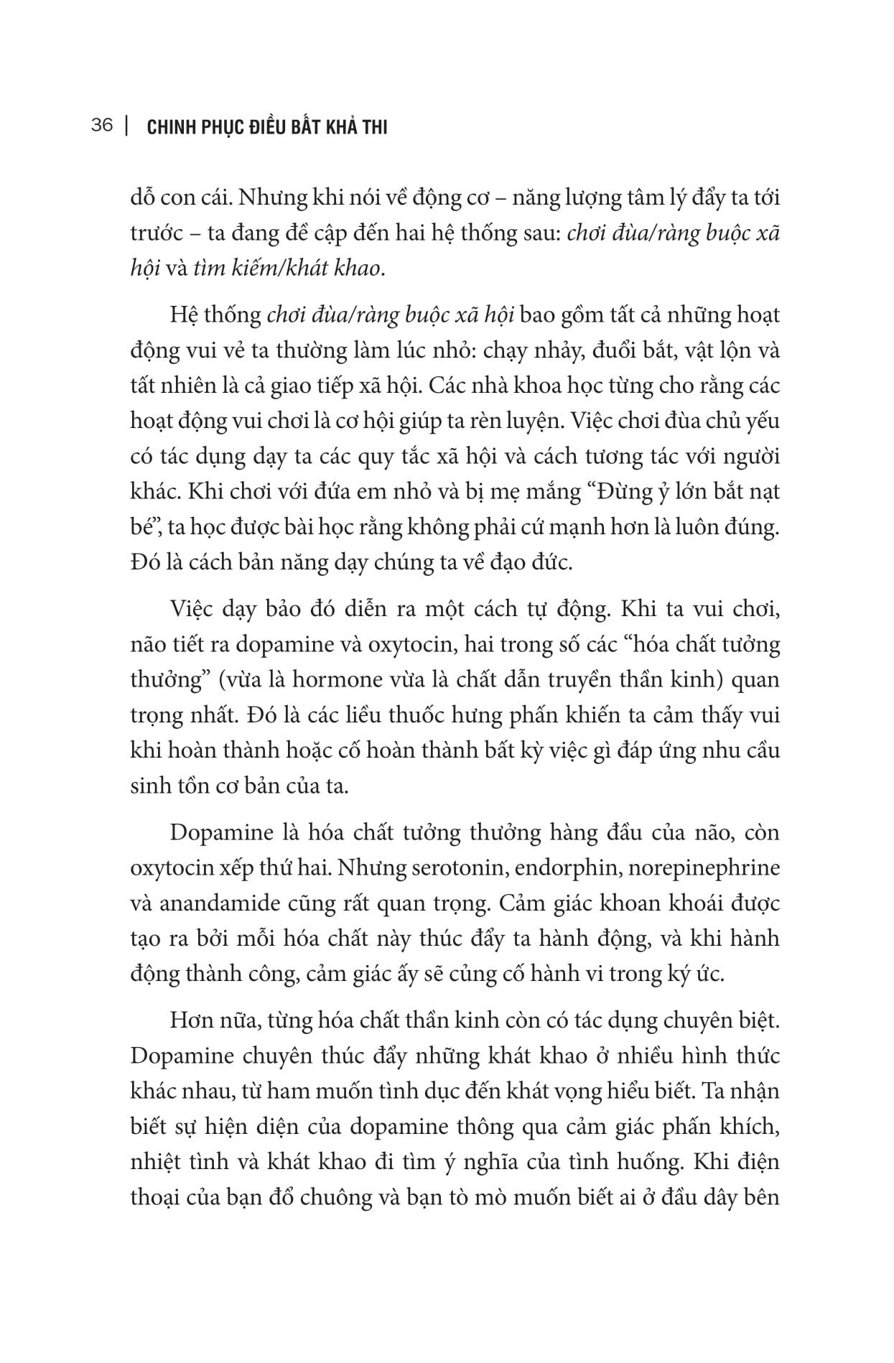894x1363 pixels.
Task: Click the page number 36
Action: tap(103, 126)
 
